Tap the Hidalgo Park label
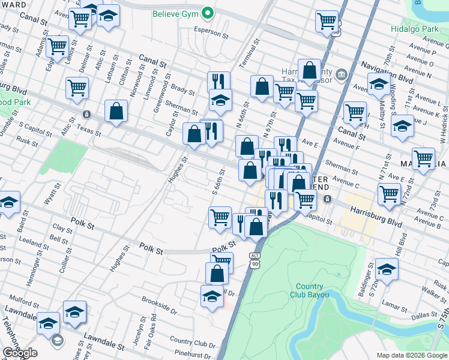(421, 28)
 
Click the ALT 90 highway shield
(255, 260)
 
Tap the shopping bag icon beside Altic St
(116, 110)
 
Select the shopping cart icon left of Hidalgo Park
(327, 21)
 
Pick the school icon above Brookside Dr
(211, 296)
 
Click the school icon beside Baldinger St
(387, 271)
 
